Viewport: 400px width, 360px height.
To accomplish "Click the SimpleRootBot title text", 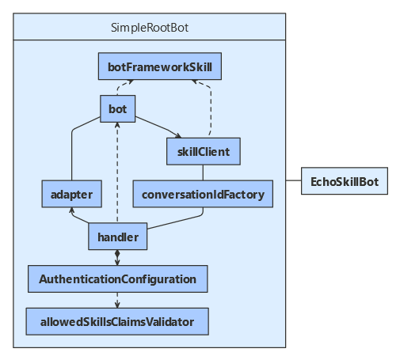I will coord(150,28).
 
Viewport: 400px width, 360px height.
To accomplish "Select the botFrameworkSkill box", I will coord(160,66).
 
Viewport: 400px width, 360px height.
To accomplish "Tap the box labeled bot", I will coord(117,108).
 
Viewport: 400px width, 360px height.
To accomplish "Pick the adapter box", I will coord(71,193).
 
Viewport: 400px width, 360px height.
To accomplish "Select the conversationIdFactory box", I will coord(203,193).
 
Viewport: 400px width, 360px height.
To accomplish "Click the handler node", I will coord(117,236).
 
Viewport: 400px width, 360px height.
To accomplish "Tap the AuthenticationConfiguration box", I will coord(117,279).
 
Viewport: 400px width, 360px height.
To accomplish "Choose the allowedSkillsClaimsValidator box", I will coord(117,321).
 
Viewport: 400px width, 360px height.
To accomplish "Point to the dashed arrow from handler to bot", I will coord(117,174).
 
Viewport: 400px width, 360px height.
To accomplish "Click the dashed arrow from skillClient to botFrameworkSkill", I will coord(211,111).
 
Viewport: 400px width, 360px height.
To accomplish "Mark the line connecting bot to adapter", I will coord(72,150).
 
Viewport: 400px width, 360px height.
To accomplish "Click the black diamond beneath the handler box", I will coord(117,253).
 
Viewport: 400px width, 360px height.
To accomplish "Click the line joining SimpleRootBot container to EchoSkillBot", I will coord(292,183).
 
